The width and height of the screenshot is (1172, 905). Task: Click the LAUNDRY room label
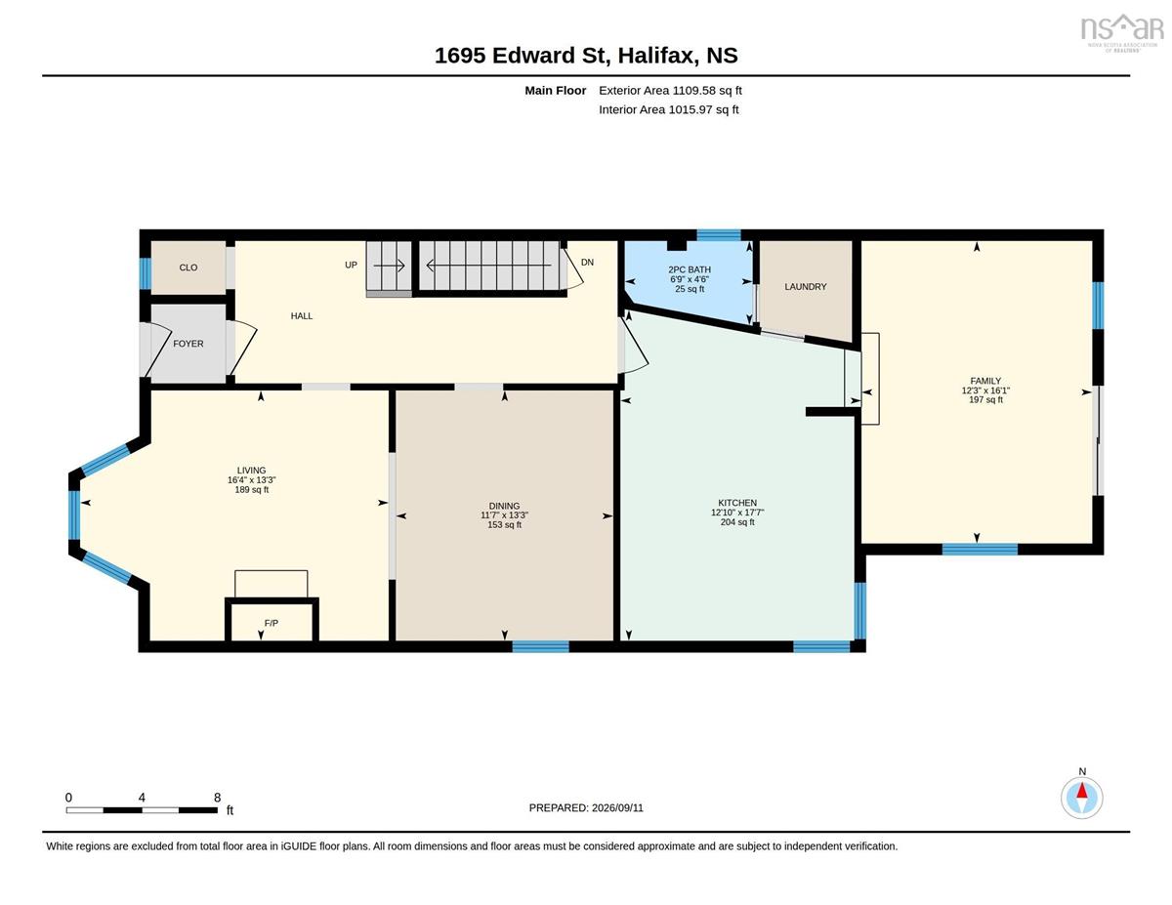pyautogui.click(x=805, y=287)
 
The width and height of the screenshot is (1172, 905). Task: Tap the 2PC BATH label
pyautogui.click(x=690, y=269)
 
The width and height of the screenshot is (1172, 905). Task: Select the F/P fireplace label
pyautogui.click(x=272, y=623)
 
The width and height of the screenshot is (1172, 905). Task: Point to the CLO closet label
pyautogui.click(x=188, y=267)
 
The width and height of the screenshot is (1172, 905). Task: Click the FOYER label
pyautogui.click(x=188, y=344)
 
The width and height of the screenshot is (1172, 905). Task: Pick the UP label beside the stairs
pyautogui.click(x=352, y=265)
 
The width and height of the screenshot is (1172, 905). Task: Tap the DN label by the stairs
pyautogui.click(x=587, y=263)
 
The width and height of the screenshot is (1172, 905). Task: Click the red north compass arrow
pyautogui.click(x=1082, y=792)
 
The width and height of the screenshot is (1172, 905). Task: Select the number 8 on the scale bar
pyautogui.click(x=218, y=798)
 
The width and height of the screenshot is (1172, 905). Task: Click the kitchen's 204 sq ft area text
pyautogui.click(x=737, y=521)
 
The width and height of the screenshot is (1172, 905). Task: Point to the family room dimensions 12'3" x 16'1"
pyautogui.click(x=985, y=391)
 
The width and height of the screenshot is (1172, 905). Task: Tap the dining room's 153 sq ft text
pyautogui.click(x=504, y=524)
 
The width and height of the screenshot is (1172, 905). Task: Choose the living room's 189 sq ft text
pyautogui.click(x=251, y=489)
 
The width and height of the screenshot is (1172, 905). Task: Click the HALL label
pyautogui.click(x=302, y=316)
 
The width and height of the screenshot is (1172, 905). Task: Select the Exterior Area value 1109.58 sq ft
pyautogui.click(x=707, y=91)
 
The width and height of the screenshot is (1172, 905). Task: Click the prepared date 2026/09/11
pyautogui.click(x=617, y=808)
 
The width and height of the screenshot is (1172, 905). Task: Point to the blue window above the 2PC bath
pyautogui.click(x=719, y=234)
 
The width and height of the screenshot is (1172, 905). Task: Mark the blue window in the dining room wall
pyautogui.click(x=540, y=646)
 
